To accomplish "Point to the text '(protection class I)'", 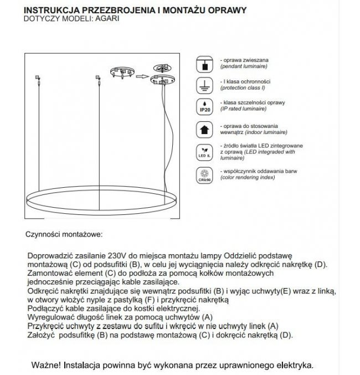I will (243, 88).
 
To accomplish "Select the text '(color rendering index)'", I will (247, 178).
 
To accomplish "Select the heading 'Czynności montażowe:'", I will (64, 235).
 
